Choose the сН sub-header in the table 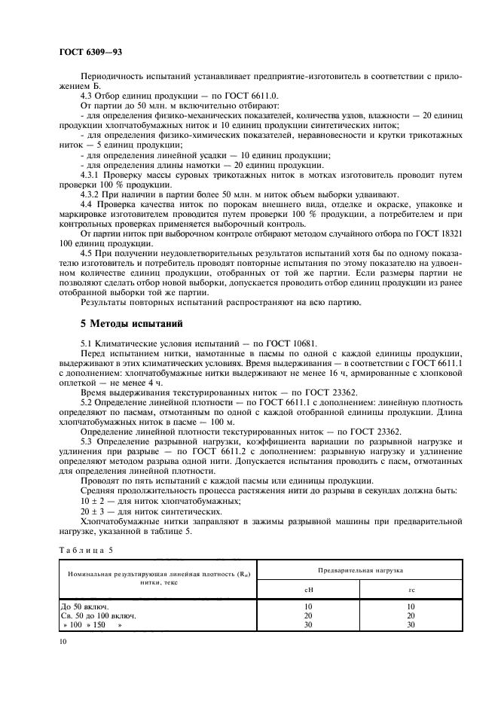pos(307,590)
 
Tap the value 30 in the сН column pos(307,625)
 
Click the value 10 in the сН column pos(307,606)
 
